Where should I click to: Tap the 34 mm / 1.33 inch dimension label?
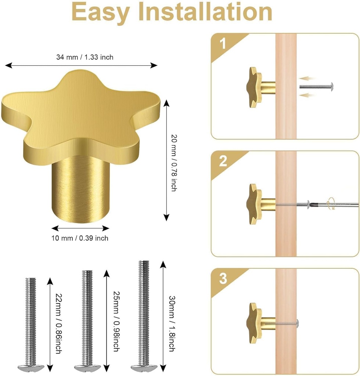coord(84,57)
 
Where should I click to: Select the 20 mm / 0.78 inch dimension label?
coord(174,163)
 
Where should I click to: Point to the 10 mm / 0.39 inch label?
coord(80,238)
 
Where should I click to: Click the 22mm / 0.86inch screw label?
coord(58,323)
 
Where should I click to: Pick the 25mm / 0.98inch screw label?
coord(115,320)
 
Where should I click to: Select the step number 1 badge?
coord(223,44)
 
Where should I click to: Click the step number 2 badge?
coord(223,162)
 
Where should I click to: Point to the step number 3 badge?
coord(223,279)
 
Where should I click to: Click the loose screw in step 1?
coord(316,87)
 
